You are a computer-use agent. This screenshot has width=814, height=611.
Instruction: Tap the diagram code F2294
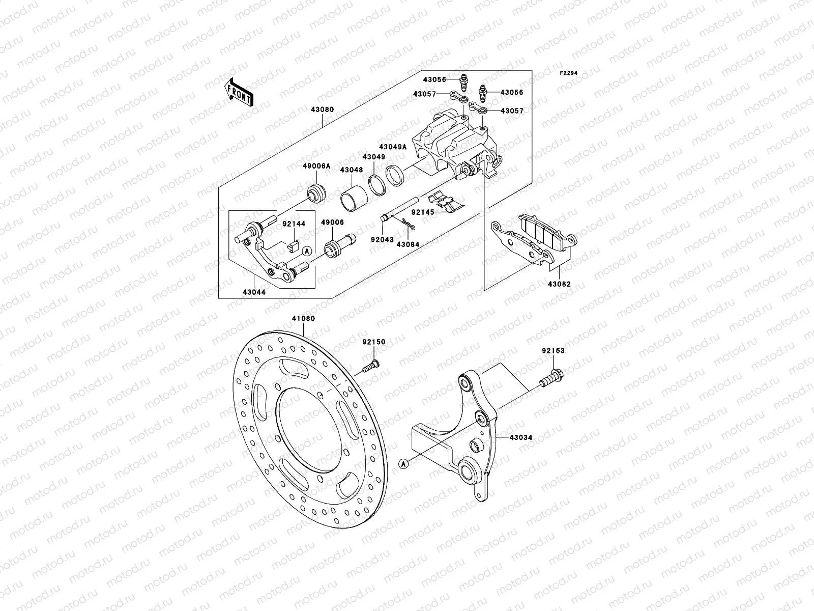pyautogui.click(x=569, y=73)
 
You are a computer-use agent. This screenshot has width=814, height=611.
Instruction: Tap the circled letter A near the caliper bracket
pyautogui.click(x=403, y=464)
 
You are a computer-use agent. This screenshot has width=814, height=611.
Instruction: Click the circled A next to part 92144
pyautogui.click(x=307, y=251)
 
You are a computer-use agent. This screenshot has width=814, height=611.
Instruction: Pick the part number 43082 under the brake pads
pyautogui.click(x=559, y=284)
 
